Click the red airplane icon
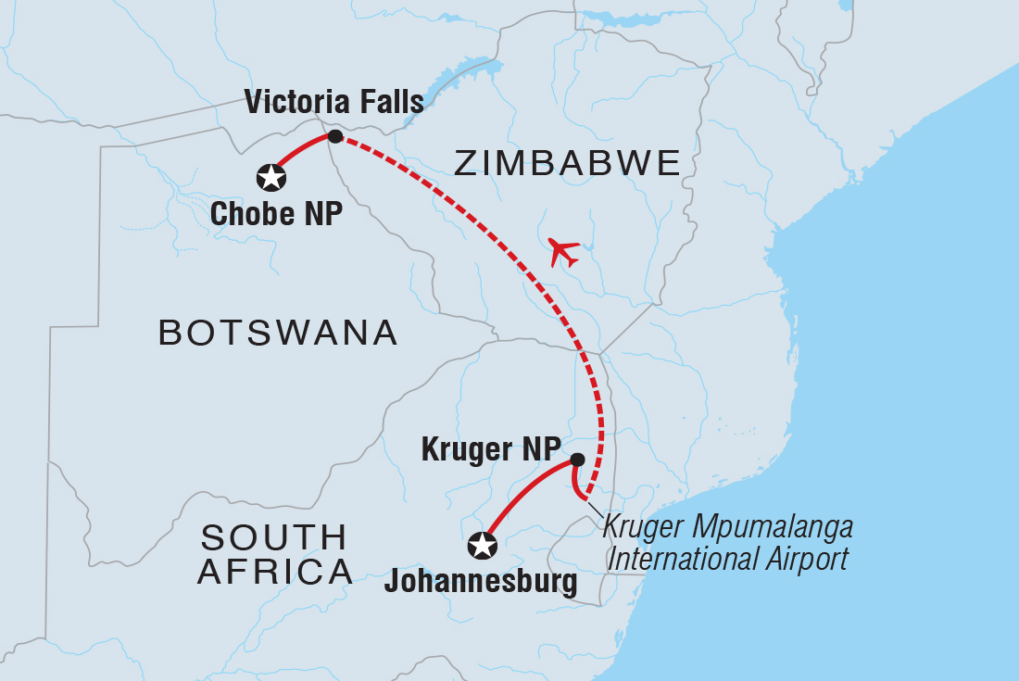563,251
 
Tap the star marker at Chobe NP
270,176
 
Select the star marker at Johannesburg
482,546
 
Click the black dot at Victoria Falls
335,137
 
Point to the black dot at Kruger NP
577,460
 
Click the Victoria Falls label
333,102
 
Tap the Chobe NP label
276,214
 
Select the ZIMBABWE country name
567,164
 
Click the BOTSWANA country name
278,332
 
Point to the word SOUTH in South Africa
274,537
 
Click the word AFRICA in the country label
275,573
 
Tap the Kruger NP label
490,449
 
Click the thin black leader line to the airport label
595,511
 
